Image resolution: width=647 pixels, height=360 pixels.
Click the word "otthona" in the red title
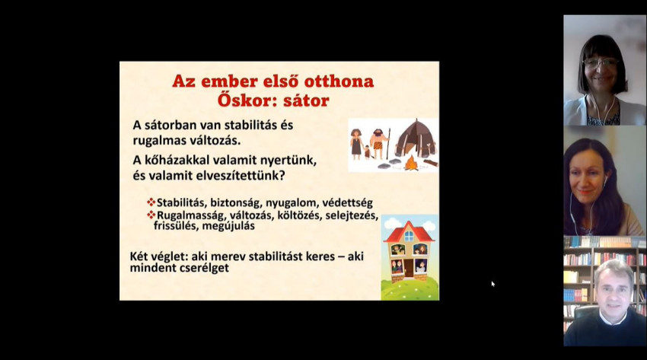339,81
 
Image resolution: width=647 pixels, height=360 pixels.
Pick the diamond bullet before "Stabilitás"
151,202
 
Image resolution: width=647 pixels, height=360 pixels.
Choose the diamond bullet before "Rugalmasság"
151,215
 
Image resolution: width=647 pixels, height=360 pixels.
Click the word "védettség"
347,203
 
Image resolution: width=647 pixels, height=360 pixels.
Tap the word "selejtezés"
352,215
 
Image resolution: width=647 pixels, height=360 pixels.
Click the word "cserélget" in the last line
204,268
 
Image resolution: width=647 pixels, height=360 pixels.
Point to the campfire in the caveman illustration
410,164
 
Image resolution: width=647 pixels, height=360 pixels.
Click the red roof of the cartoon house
409,231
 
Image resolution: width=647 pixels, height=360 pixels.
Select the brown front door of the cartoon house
409,268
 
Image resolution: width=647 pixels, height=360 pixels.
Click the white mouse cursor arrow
492,283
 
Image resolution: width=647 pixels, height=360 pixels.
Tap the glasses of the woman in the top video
601,62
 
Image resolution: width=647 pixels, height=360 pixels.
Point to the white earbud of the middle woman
605,180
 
